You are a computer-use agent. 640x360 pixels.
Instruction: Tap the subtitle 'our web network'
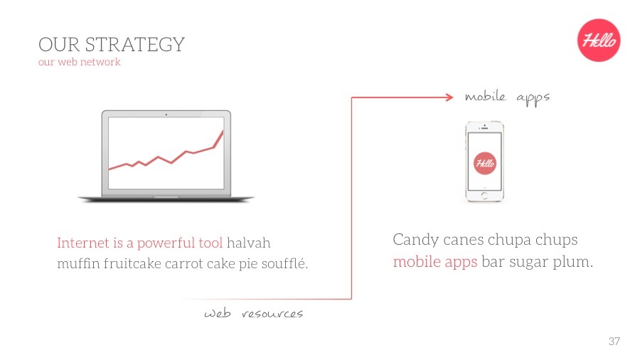(80, 62)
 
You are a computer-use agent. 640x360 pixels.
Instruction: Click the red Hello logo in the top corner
(598, 40)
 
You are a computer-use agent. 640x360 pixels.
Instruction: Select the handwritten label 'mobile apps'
(507, 97)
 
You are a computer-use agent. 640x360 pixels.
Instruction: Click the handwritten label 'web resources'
(253, 314)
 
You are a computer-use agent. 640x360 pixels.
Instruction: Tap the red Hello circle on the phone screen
(485, 164)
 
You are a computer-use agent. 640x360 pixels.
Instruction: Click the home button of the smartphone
(484, 195)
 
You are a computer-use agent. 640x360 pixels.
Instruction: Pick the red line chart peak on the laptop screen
(223, 132)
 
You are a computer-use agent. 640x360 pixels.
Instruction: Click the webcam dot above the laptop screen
(166, 114)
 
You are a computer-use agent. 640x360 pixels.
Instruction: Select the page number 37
(614, 342)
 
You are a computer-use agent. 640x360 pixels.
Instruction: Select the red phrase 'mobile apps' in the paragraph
(435, 262)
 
